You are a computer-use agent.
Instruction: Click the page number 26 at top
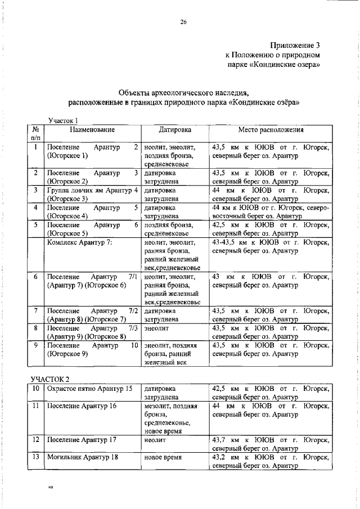click(x=183, y=22)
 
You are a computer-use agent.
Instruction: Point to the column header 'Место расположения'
click(x=271, y=130)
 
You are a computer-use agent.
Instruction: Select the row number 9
click(x=35, y=345)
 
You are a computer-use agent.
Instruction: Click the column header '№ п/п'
click(x=35, y=133)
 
